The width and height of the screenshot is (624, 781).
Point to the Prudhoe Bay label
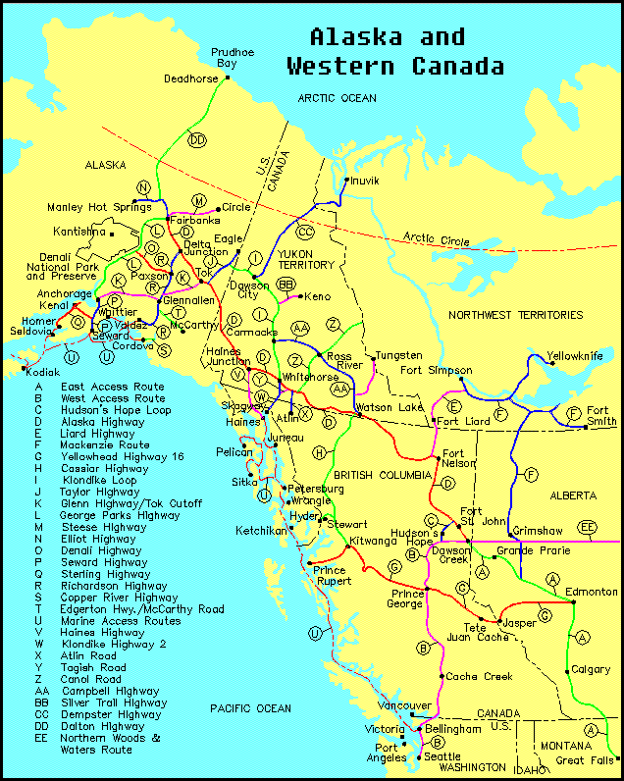click(x=228, y=57)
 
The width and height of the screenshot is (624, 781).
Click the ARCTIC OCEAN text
click(x=337, y=98)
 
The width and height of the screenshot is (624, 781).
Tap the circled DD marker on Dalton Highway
click(x=197, y=140)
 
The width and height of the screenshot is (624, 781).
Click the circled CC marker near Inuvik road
click(x=305, y=232)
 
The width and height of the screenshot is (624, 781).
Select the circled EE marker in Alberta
click(x=587, y=527)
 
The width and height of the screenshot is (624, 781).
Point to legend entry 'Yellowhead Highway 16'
click(x=122, y=456)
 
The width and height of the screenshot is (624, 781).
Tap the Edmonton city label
click(x=594, y=592)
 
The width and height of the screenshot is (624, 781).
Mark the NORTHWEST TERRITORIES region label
click(x=516, y=315)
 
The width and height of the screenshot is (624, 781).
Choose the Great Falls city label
click(x=585, y=759)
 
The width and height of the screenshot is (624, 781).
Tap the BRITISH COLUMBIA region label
click(x=383, y=475)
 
